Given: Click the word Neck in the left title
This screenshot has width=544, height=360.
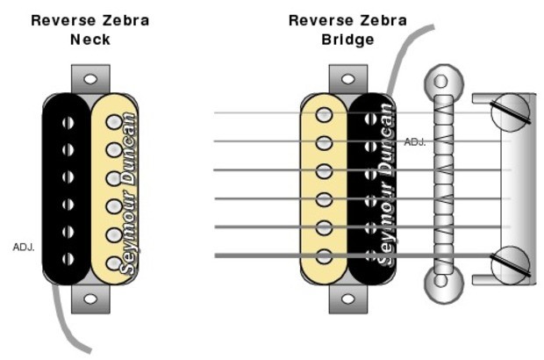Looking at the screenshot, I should click(x=89, y=40).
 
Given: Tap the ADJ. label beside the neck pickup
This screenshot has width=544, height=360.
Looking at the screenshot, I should click(x=24, y=247).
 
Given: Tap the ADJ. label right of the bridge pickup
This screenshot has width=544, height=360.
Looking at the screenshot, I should click(x=415, y=141).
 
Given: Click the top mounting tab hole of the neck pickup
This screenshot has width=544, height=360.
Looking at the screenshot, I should click(x=90, y=78).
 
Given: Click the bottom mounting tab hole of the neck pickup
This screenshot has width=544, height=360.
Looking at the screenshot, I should click(x=90, y=299).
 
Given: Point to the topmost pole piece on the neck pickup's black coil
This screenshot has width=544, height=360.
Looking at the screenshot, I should click(x=67, y=122).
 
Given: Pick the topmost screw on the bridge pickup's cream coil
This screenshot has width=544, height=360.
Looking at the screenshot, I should click(x=325, y=114).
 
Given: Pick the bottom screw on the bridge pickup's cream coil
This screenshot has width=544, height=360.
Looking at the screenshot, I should click(x=325, y=256).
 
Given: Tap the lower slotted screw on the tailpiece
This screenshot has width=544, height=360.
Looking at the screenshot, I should click(x=512, y=262).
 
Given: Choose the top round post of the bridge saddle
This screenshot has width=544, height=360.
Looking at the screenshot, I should click(x=440, y=83).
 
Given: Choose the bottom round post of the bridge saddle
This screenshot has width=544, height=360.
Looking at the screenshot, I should click(x=440, y=284).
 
